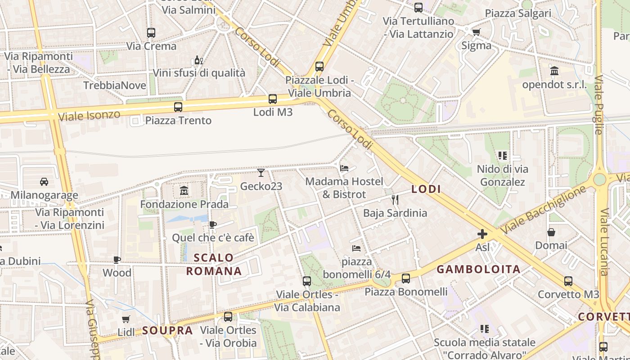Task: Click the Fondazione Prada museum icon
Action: [x=184, y=191]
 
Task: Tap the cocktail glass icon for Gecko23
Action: [x=261, y=172]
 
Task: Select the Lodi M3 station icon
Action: [x=273, y=99]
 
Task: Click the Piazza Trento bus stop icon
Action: [x=178, y=107]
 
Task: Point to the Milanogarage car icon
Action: [x=44, y=182]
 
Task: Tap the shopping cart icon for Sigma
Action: [x=476, y=32]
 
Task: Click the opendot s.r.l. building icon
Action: [x=554, y=71]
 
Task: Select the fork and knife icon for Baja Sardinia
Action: [x=395, y=199]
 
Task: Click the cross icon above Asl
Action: [x=482, y=234]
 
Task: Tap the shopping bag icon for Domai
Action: [x=551, y=232]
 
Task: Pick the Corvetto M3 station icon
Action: [x=568, y=281]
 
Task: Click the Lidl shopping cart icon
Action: [x=126, y=319]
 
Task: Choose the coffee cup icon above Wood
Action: [x=117, y=260]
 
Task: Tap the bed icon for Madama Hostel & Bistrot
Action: [x=344, y=168]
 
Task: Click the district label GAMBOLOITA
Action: [x=478, y=270]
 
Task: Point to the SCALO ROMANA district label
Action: [x=214, y=265]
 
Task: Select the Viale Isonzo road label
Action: [x=90, y=115]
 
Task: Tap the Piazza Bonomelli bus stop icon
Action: [x=406, y=279]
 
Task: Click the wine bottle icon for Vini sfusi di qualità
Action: [x=198, y=60]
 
